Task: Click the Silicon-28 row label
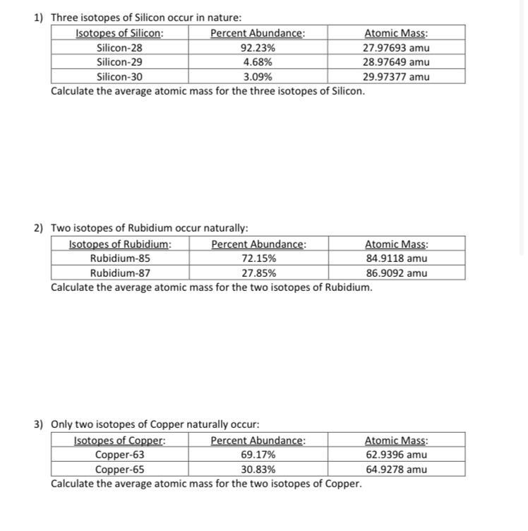pyautogui.click(x=119, y=48)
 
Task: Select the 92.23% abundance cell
pyautogui.click(x=258, y=48)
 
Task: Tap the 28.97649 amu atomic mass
pyautogui.click(x=396, y=62)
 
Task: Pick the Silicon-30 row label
pyautogui.click(x=119, y=77)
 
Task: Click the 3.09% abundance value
pyautogui.click(x=258, y=77)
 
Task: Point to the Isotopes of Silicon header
pyautogui.click(x=119, y=33)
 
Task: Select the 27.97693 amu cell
pyautogui.click(x=396, y=48)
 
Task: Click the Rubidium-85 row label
pyautogui.click(x=120, y=258)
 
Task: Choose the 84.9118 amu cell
pyautogui.click(x=396, y=258)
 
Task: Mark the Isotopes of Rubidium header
pyautogui.click(x=120, y=244)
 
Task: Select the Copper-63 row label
pyautogui.click(x=119, y=455)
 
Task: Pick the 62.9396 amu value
pyautogui.click(x=396, y=455)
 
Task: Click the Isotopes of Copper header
pyautogui.click(x=119, y=441)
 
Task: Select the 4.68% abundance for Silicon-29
pyautogui.click(x=258, y=62)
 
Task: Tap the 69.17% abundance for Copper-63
pyautogui.click(x=258, y=455)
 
